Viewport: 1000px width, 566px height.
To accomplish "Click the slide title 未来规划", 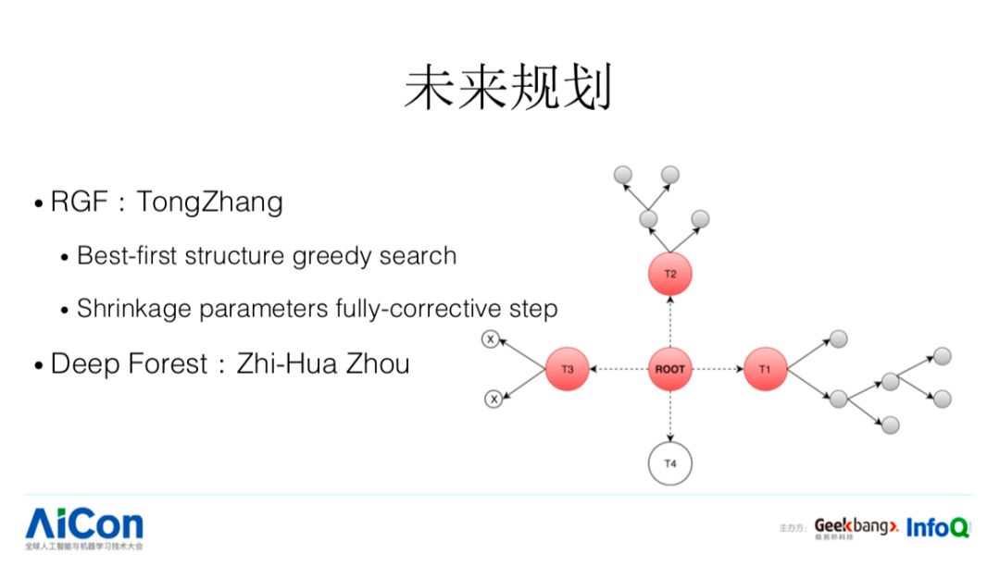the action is (508, 89).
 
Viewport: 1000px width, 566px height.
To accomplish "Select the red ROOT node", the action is (669, 369).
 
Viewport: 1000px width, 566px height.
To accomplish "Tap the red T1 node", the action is (765, 369).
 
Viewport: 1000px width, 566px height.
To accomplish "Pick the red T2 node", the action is (669, 274).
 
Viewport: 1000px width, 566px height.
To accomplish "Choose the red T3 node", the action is (568, 369).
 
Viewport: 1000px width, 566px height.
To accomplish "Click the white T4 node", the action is (670, 463).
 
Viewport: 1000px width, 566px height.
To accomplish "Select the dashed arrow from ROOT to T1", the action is (718, 369).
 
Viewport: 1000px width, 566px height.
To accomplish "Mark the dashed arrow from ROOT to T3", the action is (619, 369).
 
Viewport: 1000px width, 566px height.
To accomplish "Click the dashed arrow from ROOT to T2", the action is (669, 321).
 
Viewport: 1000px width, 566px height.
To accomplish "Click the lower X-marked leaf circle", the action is (494, 400).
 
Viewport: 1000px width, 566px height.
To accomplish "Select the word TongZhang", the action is (209, 202).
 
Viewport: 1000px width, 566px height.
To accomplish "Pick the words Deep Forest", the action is (129, 363).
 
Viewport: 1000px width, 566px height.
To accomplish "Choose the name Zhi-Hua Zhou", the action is (323, 363).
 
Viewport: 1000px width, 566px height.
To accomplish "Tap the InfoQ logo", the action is (937, 528).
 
